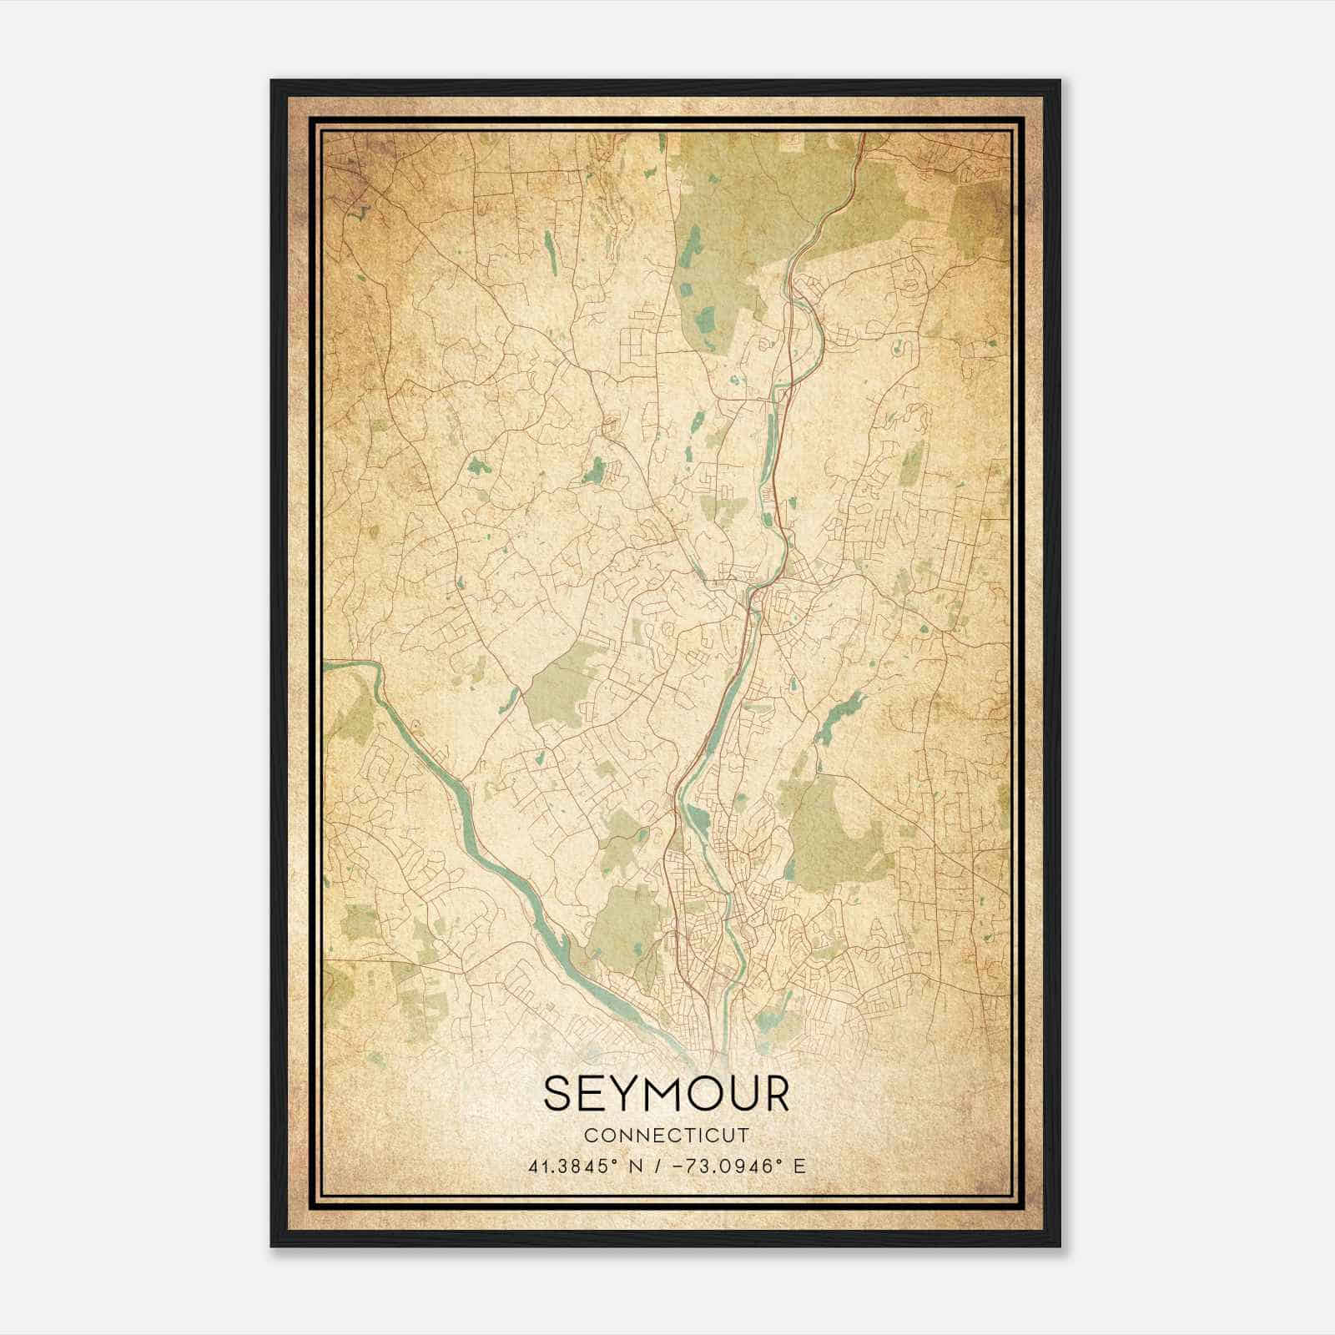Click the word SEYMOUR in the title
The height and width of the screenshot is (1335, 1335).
click(666, 1094)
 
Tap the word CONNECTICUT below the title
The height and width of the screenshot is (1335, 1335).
click(666, 1136)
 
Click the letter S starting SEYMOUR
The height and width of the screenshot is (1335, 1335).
click(557, 1094)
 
